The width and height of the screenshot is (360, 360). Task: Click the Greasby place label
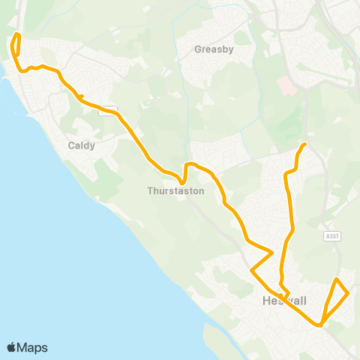click(214, 50)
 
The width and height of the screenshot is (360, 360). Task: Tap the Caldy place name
click(81, 145)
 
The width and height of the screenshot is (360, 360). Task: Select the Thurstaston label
click(175, 191)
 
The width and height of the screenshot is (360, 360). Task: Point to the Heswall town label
click(285, 301)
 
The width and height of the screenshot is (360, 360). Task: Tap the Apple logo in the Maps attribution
click(12, 347)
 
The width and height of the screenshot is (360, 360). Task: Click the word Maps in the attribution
click(33, 347)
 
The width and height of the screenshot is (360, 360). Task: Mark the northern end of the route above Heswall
click(304, 144)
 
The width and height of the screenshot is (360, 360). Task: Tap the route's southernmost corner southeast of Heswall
click(320, 325)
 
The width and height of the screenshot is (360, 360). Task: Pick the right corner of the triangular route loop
click(349, 294)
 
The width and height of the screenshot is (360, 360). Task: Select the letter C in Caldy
click(70, 145)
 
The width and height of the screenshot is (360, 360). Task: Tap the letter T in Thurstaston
click(150, 191)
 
